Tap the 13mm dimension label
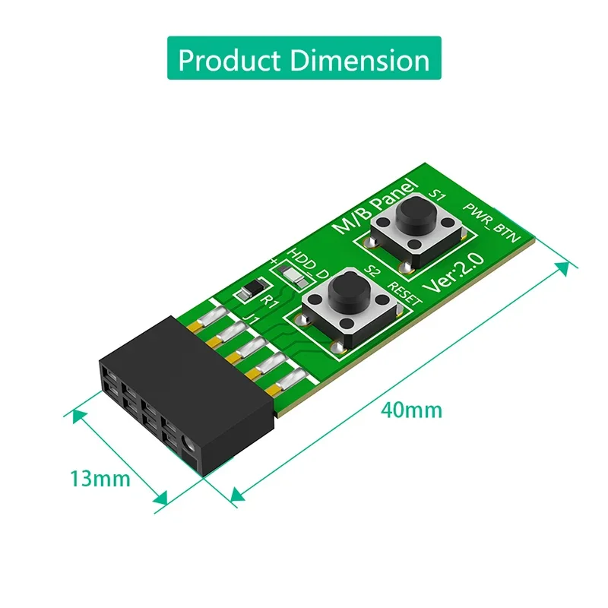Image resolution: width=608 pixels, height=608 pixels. pos(100,480)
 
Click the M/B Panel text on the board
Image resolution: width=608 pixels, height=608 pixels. pos(376,207)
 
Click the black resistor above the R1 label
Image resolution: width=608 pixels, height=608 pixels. pos(252,290)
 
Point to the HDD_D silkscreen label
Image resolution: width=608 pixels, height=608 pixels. pos(308,262)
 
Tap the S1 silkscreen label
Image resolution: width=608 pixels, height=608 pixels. pos(437,195)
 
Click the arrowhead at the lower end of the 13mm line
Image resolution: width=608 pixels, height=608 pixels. pos(160,499)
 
